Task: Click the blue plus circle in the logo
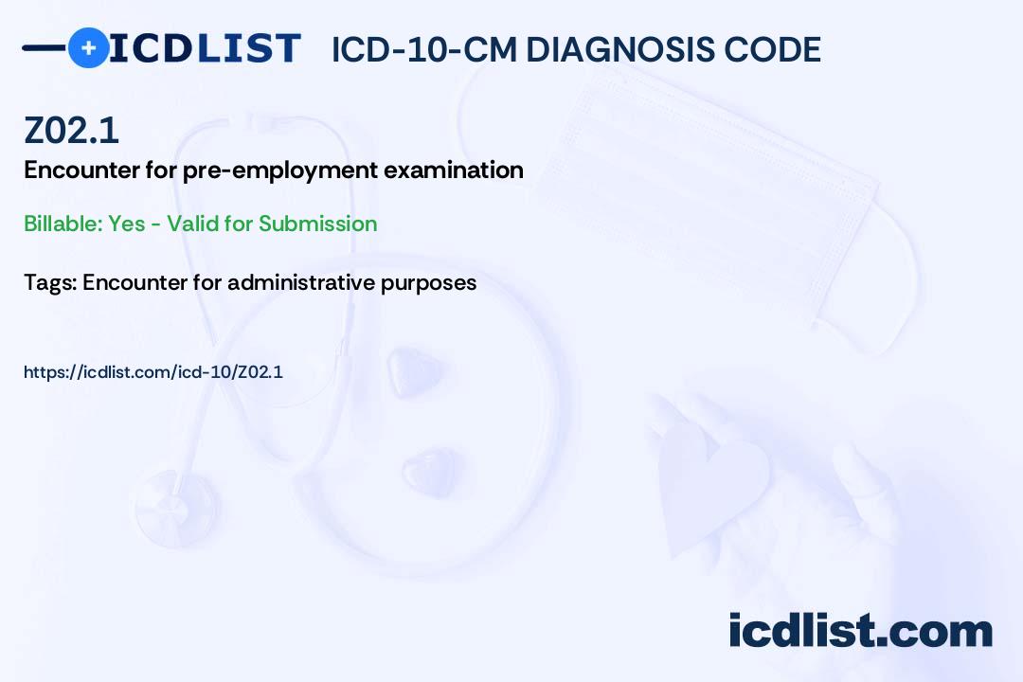(x=88, y=47)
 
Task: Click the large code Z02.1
(x=71, y=131)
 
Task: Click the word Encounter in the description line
(x=81, y=170)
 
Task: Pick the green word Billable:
(x=63, y=224)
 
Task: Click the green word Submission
(x=317, y=224)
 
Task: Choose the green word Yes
(x=127, y=224)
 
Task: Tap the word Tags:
(x=50, y=282)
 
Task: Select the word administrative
(x=301, y=282)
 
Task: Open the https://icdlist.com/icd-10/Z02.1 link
(x=153, y=372)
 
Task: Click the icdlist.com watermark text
(x=860, y=631)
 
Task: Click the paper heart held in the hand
(x=711, y=486)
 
